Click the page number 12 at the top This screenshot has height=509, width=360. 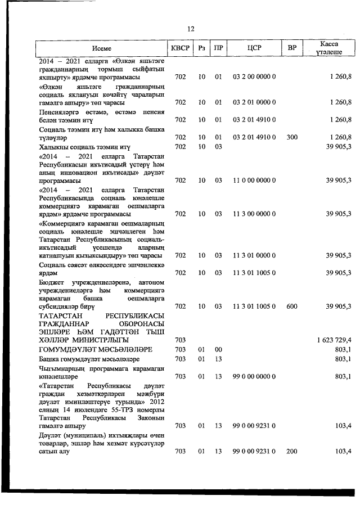[x=191, y=29]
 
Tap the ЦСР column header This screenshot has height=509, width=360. [x=254, y=48]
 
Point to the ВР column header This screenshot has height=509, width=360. [x=292, y=48]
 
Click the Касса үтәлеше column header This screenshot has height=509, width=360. [x=330, y=48]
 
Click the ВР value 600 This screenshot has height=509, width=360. [x=292, y=306]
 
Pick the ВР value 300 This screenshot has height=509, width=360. [x=292, y=137]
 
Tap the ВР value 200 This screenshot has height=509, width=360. [x=292, y=451]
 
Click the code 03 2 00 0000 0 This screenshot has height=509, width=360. [x=254, y=76]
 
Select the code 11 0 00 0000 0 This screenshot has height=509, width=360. [x=254, y=181]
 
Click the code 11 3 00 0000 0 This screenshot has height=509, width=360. [x=254, y=214]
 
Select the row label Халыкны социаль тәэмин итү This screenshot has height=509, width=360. [x=85, y=147]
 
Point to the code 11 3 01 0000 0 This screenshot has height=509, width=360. [x=254, y=255]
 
